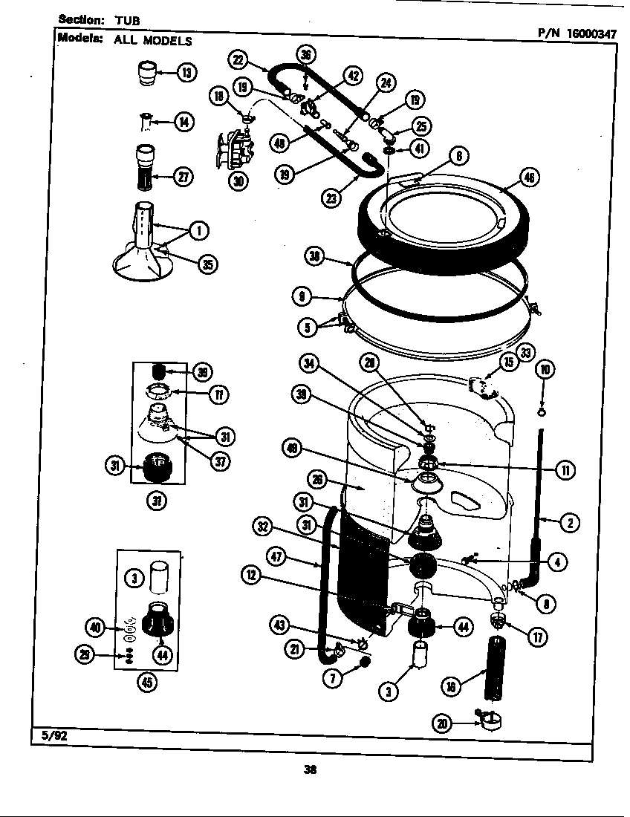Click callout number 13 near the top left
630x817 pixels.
click(186, 72)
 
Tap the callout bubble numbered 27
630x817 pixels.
click(183, 176)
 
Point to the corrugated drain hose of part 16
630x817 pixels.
click(494, 668)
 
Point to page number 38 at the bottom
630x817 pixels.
click(311, 769)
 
